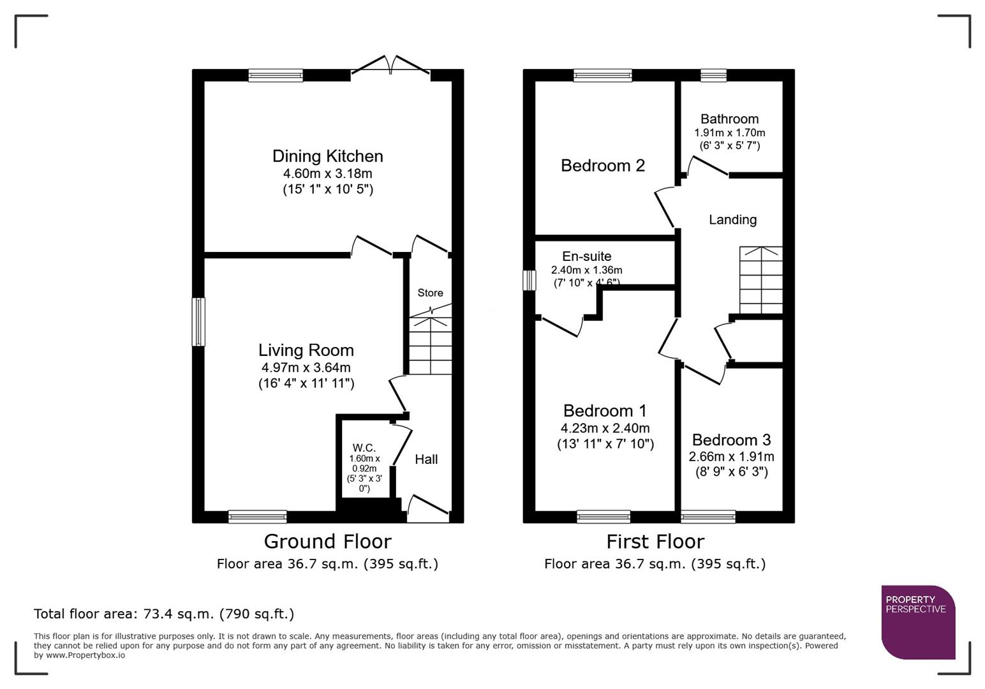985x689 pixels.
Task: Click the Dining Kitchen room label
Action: [327, 156]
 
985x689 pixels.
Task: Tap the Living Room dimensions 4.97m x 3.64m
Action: [306, 367]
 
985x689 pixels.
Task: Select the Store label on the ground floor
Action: [430, 293]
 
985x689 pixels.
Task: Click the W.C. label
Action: [364, 448]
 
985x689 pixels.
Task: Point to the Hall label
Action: [426, 459]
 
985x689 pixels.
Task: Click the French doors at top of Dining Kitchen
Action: [390, 66]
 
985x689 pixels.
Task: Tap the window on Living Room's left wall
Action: [199, 322]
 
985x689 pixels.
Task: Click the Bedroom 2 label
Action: [602, 166]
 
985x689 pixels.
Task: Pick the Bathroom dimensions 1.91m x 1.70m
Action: [729, 133]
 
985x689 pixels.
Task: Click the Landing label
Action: [732, 220]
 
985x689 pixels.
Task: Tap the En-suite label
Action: [586, 256]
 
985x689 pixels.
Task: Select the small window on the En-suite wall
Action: [529, 280]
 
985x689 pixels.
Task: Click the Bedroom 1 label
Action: [605, 411]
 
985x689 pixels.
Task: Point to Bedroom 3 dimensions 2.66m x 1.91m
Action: [731, 457]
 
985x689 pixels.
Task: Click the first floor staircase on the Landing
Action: [760, 280]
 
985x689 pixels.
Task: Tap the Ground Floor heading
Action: [327, 542]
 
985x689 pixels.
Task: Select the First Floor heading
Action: [655, 542]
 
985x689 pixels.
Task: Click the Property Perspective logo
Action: [917, 622]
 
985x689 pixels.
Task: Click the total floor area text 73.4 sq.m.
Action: [164, 614]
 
